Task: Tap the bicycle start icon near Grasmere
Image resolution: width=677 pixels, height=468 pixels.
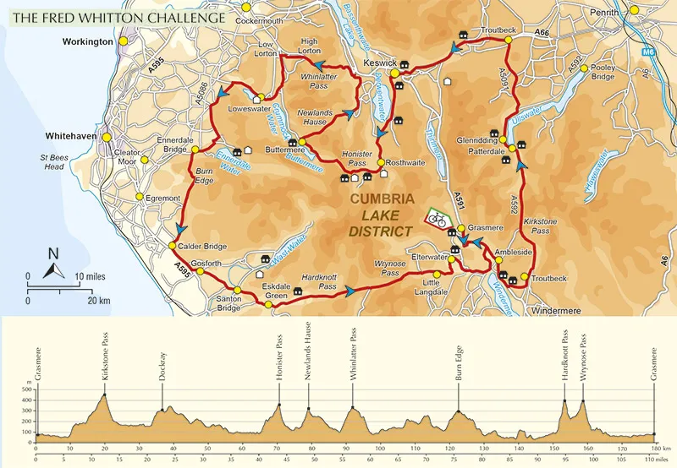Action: pyautogui.click(x=437, y=219)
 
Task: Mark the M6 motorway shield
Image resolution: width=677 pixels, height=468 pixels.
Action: pyautogui.click(x=648, y=53)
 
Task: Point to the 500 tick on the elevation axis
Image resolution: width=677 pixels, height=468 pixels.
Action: pyautogui.click(x=28, y=389)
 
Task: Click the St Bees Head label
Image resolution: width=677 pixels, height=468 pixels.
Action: pyautogui.click(x=53, y=161)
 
